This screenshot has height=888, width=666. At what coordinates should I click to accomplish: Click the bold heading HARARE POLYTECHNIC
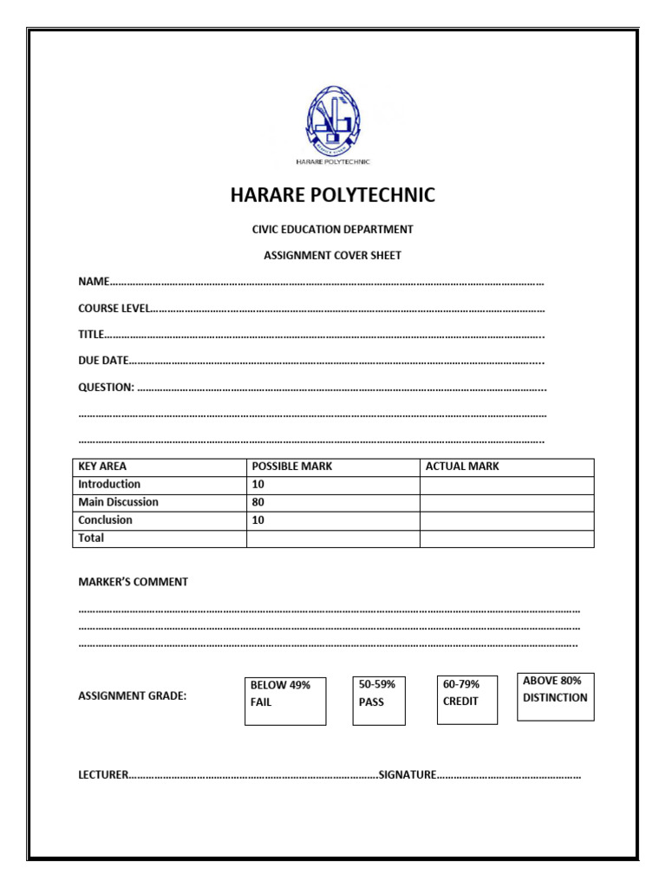pos(333,195)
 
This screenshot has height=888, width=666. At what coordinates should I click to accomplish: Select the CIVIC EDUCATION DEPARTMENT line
pos(333,230)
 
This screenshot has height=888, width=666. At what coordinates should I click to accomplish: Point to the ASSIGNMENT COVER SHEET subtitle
pos(333,256)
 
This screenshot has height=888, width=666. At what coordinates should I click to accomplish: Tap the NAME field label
pos(94,282)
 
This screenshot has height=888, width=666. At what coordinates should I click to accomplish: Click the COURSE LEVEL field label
pos(114,309)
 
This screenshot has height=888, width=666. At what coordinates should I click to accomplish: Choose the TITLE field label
pos(91,335)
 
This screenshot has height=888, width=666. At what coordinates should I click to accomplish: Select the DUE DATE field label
pos(103,361)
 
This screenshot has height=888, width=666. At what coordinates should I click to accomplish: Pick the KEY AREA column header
pos(102,467)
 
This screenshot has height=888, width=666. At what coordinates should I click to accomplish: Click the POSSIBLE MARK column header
pos(292,467)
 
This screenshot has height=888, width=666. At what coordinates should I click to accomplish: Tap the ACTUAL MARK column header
pos(462,467)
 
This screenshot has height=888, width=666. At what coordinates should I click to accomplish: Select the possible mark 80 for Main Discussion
pos(258,502)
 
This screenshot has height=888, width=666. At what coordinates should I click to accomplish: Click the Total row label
pos(91,538)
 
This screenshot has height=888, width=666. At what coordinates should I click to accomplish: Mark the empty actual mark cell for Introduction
pos(506,485)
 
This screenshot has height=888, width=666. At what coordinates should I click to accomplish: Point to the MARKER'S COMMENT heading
pos(133,582)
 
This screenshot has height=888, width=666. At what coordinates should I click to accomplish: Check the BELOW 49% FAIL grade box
pos(285,701)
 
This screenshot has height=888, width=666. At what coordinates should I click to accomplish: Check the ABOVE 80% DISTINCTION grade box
pos(556,696)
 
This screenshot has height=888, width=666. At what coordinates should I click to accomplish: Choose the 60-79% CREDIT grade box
pos(467,699)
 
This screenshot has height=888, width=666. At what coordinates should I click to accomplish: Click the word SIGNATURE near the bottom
pos(407,774)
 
